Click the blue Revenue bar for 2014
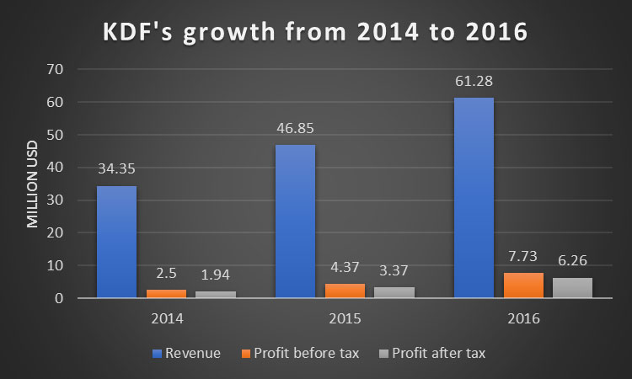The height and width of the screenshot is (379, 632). click(116, 243)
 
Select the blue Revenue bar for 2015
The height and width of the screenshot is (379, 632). click(295, 222)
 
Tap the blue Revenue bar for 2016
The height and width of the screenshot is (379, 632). click(474, 198)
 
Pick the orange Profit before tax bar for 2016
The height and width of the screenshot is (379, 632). click(523, 286)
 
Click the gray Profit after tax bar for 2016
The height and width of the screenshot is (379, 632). click(572, 288)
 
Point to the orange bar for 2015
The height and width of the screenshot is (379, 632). click(345, 291)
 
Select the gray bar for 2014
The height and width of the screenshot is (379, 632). click(216, 295)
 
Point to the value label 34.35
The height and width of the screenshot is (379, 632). click(116, 168)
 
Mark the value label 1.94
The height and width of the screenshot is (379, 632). click(216, 275)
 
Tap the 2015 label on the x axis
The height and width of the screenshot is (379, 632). click(345, 320)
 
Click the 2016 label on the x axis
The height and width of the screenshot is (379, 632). click(523, 320)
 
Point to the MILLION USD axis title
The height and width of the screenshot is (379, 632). click(32, 185)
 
